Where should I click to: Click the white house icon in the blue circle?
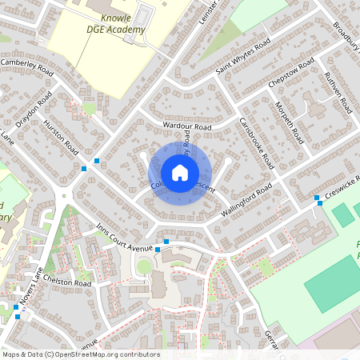(180, 173)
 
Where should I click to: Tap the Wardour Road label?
(186, 126)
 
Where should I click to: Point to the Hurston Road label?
(62, 138)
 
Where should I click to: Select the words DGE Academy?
(116, 30)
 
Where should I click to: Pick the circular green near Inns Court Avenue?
(144, 266)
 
